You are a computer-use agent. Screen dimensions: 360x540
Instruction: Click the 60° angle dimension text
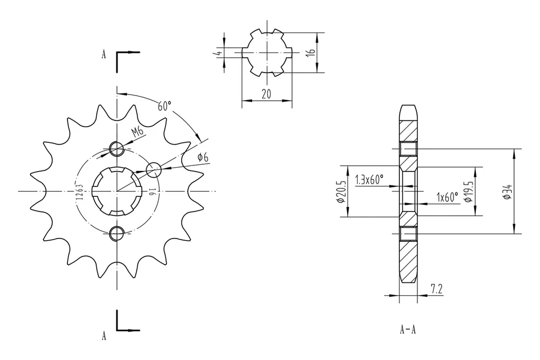[x=164, y=106]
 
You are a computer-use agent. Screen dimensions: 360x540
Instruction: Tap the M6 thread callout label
[x=137, y=132]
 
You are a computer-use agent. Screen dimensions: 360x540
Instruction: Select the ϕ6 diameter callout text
[x=202, y=157]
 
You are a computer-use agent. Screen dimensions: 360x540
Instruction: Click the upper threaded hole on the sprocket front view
[x=117, y=149]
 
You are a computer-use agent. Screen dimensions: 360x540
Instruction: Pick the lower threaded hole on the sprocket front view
[x=117, y=233]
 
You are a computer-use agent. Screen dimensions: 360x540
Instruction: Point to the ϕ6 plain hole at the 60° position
[x=154, y=169]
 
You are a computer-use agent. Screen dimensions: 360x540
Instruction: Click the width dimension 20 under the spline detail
[x=267, y=94]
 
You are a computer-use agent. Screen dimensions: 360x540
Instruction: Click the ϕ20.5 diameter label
[x=340, y=192]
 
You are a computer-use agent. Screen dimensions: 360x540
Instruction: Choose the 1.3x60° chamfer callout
[x=370, y=179]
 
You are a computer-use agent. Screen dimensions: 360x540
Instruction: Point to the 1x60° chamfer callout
[x=448, y=197]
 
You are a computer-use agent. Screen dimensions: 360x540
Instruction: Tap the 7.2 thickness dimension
[x=436, y=289]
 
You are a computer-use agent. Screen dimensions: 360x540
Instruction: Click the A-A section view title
[x=408, y=330]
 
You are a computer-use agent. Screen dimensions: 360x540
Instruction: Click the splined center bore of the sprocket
[x=117, y=191]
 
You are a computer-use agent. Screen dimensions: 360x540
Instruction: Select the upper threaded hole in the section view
[x=408, y=149]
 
